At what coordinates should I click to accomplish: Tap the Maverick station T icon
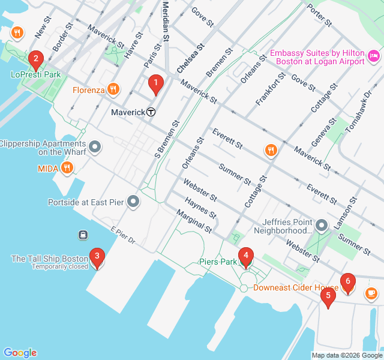[152, 112]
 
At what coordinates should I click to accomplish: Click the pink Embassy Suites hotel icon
[374, 56]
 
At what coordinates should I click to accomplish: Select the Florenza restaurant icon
[113, 91]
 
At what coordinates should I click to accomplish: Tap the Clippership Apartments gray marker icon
[94, 147]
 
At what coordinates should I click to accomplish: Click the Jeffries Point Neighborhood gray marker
[322, 226]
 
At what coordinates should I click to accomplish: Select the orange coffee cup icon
[371, 293]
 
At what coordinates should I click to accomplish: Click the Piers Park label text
[218, 262]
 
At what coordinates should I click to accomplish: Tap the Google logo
[20, 353]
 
